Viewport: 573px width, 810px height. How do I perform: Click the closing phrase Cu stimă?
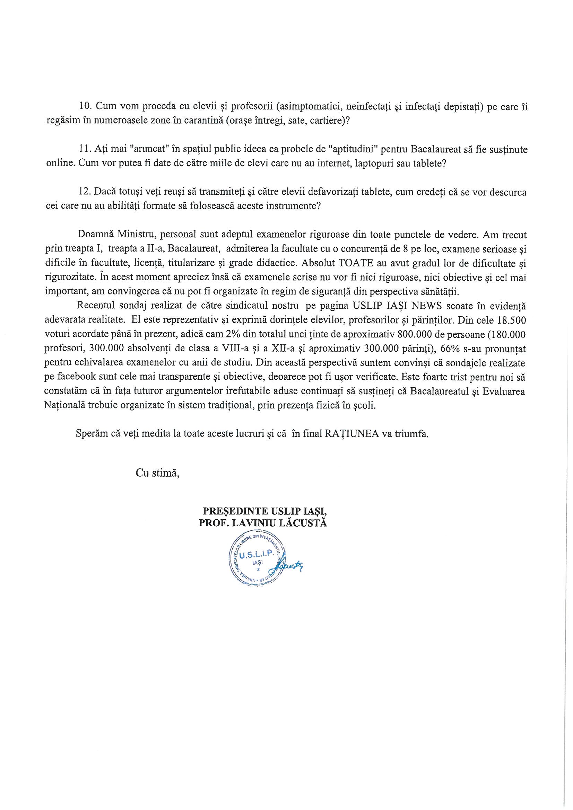pyautogui.click(x=158, y=473)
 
